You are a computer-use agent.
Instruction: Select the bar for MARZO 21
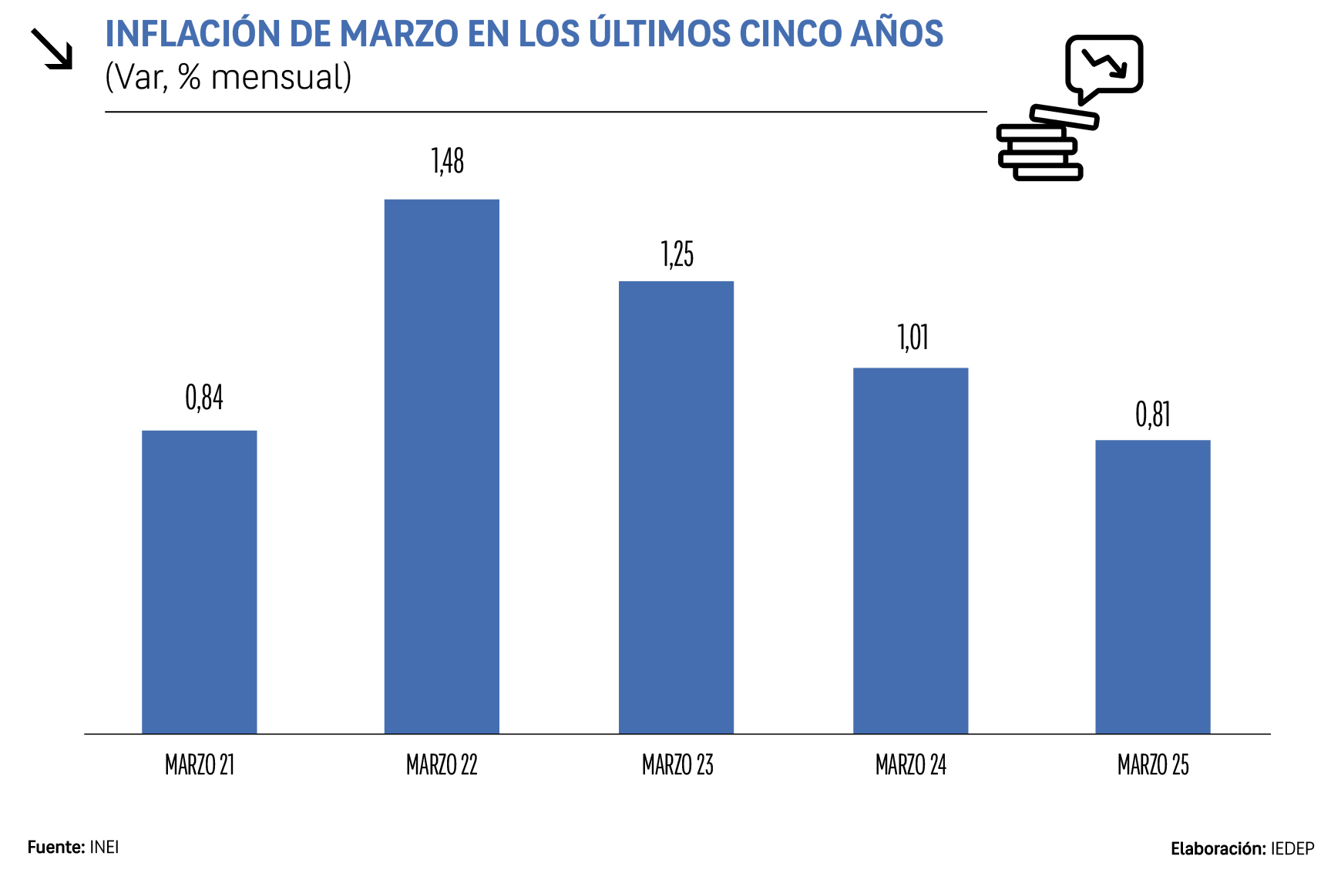click(199, 582)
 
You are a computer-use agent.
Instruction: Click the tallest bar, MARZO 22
click(442, 466)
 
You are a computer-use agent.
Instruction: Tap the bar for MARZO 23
click(676, 507)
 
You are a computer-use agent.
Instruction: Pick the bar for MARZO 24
click(910, 550)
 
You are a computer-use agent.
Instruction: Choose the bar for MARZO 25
click(1152, 586)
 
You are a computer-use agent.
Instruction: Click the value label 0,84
click(204, 398)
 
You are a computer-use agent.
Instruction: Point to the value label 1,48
click(448, 161)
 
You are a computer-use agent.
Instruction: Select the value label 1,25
click(677, 254)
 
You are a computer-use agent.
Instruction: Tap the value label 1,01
click(913, 337)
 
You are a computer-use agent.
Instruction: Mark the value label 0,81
click(1153, 415)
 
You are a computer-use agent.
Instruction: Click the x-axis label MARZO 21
click(200, 765)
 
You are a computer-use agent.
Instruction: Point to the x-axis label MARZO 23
click(677, 765)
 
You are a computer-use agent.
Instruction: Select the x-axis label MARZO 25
click(1153, 765)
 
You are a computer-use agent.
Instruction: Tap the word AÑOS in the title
click(897, 34)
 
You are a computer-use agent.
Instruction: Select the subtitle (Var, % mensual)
click(228, 77)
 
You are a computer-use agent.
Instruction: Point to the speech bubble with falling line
click(1104, 65)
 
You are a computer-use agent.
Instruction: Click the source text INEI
click(104, 848)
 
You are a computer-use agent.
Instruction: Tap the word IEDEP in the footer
click(1292, 849)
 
